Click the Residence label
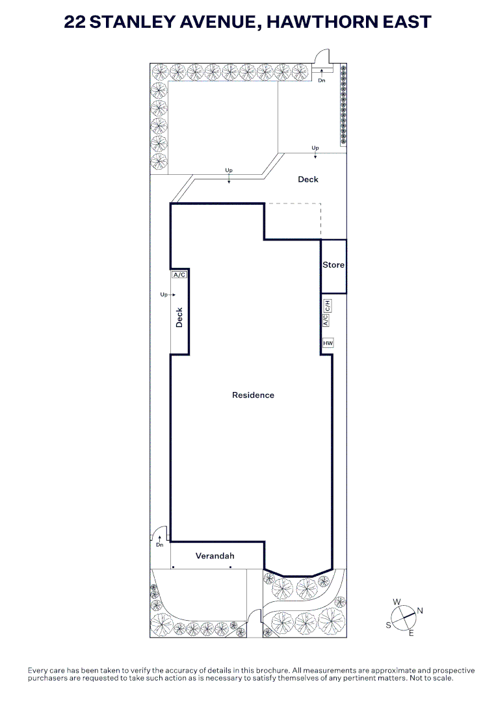point(253,395)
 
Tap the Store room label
point(333,265)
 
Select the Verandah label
point(215,556)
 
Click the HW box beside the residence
point(328,343)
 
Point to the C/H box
point(328,305)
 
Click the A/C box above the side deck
point(179,274)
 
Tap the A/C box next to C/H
point(326,320)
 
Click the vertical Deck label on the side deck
point(179,317)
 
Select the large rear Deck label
point(308,179)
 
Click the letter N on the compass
point(420,610)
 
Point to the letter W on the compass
point(397,602)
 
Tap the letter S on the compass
point(388,625)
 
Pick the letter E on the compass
point(411,633)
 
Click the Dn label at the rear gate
point(321,81)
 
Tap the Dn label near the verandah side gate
point(160,545)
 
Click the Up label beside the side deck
point(164,294)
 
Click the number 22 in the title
point(75,21)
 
